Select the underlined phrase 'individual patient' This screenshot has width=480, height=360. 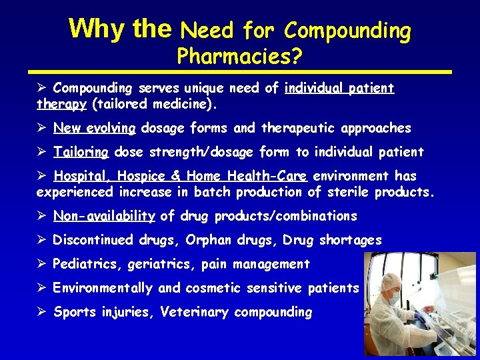coord(339,88)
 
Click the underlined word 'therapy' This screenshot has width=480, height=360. coord(61,104)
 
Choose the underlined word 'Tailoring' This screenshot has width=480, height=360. coord(81,151)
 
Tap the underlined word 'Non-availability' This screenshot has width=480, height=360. coord(104,216)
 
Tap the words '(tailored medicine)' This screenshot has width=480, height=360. coord(155,104)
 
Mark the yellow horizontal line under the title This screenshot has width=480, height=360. coord(240,71)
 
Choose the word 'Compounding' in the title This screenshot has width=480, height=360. coord(347,31)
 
